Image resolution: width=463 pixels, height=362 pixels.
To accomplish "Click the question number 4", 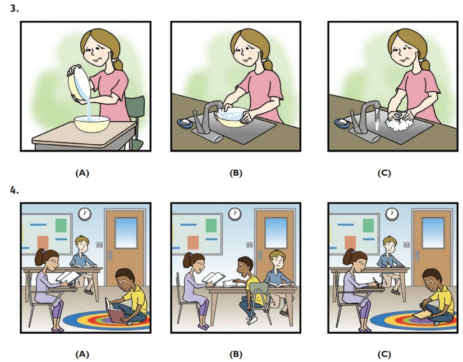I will point(15,190).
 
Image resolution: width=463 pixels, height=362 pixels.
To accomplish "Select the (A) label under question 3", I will point(82,173).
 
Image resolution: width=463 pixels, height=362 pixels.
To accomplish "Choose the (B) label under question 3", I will point(236,173).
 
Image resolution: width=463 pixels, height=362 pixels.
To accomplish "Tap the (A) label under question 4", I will point(82,354).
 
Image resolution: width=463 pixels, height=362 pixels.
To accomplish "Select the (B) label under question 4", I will point(236,354).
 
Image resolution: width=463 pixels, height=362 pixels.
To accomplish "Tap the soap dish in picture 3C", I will point(341,122).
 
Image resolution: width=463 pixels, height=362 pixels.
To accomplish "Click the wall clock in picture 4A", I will point(84,214).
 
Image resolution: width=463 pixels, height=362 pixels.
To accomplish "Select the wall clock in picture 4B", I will point(235,214).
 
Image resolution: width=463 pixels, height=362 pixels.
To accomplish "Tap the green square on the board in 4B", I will point(212,226).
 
